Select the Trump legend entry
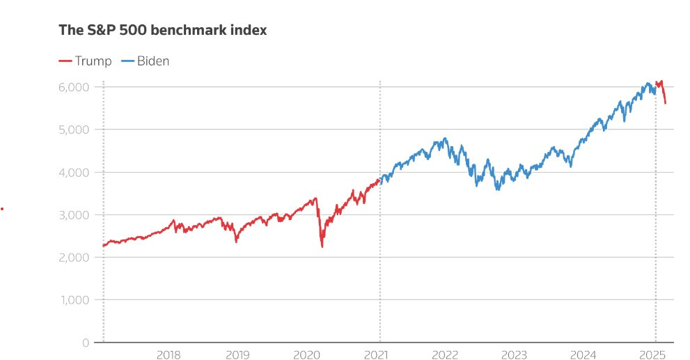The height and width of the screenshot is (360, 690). (85, 61)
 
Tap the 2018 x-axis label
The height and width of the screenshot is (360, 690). (168, 354)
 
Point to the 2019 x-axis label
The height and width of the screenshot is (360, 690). (237, 354)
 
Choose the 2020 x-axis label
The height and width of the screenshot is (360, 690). (306, 354)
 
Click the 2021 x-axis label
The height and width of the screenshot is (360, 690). (376, 354)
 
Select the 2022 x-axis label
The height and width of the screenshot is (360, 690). (445, 354)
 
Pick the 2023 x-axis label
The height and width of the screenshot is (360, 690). (514, 354)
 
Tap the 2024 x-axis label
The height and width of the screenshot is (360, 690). (583, 354)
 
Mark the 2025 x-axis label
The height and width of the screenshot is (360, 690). (653, 354)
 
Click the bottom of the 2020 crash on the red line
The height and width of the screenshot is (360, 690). (322, 246)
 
